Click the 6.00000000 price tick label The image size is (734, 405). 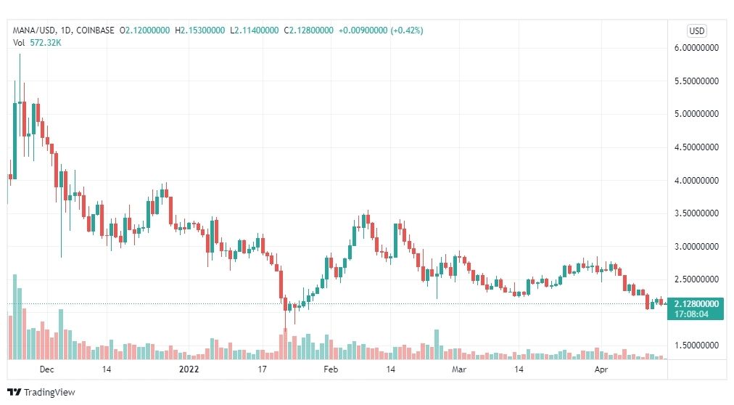(x=696, y=48)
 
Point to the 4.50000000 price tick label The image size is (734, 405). (x=696, y=147)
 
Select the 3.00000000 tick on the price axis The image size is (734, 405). (x=696, y=246)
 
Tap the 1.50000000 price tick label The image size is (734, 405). (x=696, y=345)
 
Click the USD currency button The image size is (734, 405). (x=696, y=31)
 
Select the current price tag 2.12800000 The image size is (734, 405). (x=696, y=304)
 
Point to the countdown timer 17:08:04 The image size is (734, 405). (x=691, y=314)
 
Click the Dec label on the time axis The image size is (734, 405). (x=47, y=369)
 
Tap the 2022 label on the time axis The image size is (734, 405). (x=189, y=369)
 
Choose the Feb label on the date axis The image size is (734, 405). (x=331, y=369)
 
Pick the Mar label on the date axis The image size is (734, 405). (x=459, y=369)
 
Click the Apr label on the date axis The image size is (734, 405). (x=601, y=369)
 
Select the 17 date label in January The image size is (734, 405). (x=262, y=369)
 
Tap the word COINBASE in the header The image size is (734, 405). (x=95, y=30)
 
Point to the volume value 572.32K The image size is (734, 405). (x=46, y=43)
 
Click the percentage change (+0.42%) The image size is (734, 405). (x=407, y=30)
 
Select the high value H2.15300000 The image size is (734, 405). (x=200, y=30)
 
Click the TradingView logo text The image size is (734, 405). (x=49, y=393)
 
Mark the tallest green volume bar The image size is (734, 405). (x=15, y=317)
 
